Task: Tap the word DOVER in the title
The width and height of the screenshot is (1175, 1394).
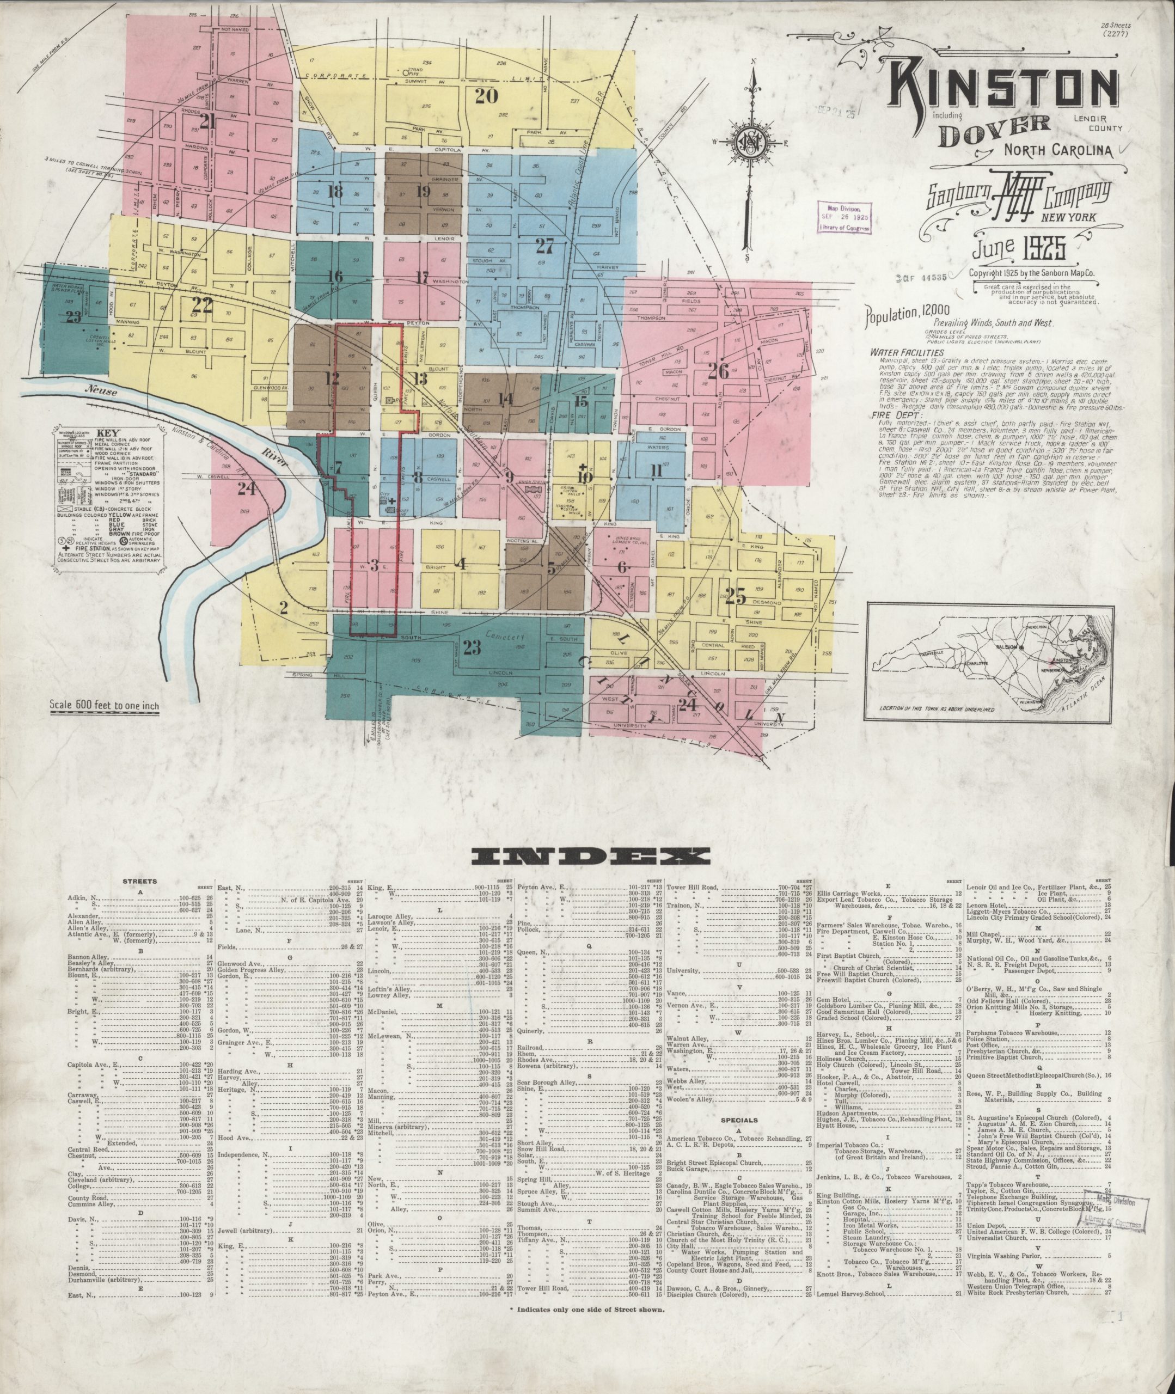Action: tap(994, 131)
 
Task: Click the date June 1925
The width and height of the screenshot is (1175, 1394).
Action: tap(1019, 249)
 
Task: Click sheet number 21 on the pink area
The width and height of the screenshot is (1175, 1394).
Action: tap(209, 122)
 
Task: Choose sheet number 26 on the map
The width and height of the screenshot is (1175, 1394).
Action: tap(718, 370)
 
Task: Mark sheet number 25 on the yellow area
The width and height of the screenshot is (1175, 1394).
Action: tap(736, 597)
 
